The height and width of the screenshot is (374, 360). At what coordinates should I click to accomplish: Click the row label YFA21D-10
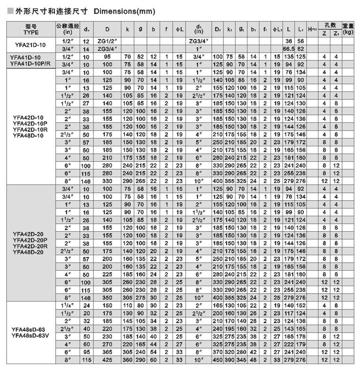point(30,44)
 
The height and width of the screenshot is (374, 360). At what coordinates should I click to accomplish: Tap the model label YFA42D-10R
point(30,129)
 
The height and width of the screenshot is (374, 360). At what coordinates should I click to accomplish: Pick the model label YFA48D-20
point(30,252)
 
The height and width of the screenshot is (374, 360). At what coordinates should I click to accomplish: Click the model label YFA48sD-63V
point(30,335)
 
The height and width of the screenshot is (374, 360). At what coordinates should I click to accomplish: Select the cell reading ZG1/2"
point(107,41)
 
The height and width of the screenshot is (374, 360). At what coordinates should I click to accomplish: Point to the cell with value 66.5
point(288,48)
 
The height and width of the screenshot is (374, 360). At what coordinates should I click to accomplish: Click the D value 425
point(107,360)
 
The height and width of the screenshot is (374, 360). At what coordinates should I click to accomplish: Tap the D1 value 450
point(217,360)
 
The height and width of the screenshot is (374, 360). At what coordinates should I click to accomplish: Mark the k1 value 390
point(229,360)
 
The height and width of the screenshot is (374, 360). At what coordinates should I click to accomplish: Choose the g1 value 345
point(241,360)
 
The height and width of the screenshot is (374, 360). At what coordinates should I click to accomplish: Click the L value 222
point(288,344)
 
